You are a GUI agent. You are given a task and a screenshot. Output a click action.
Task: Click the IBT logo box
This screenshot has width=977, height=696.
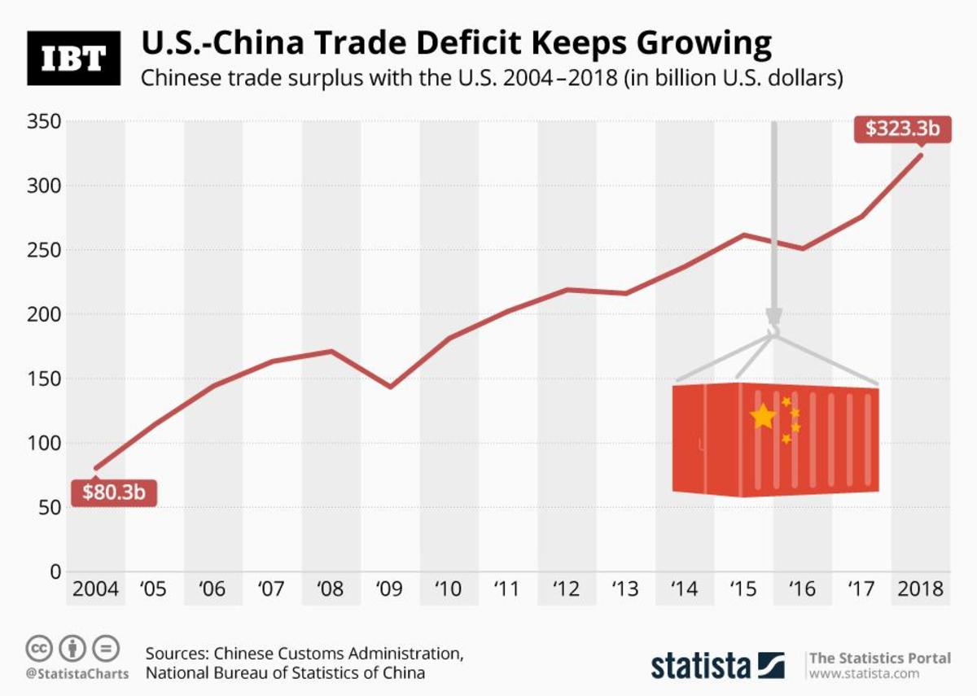[x=73, y=58]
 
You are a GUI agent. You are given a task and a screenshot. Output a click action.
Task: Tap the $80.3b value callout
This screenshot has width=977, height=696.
[x=113, y=492]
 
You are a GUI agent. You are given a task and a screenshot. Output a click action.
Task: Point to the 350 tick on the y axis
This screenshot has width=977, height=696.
[x=45, y=122]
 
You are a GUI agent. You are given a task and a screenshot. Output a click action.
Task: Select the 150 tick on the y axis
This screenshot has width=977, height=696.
[x=45, y=379]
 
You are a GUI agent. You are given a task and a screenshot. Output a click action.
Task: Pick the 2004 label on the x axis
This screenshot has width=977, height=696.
[x=94, y=589]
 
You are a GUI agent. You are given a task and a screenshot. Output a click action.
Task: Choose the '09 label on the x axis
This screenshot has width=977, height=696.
[x=389, y=589]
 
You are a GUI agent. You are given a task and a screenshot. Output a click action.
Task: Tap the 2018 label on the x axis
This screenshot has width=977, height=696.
[x=920, y=589]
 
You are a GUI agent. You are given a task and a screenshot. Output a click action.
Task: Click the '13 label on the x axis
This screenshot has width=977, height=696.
[x=624, y=589]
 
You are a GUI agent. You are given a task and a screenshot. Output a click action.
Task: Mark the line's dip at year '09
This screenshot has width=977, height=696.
[x=390, y=387]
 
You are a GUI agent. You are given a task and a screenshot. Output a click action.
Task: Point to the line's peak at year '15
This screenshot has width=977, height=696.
[x=743, y=234]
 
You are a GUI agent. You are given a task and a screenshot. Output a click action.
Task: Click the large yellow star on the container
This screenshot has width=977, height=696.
[x=763, y=417]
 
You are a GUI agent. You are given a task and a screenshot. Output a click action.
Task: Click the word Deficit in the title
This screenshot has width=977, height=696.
[x=455, y=42]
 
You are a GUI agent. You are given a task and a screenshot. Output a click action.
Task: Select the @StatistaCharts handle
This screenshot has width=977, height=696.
[x=77, y=674]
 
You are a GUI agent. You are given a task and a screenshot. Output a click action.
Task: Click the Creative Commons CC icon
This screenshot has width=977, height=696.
[x=39, y=649]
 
